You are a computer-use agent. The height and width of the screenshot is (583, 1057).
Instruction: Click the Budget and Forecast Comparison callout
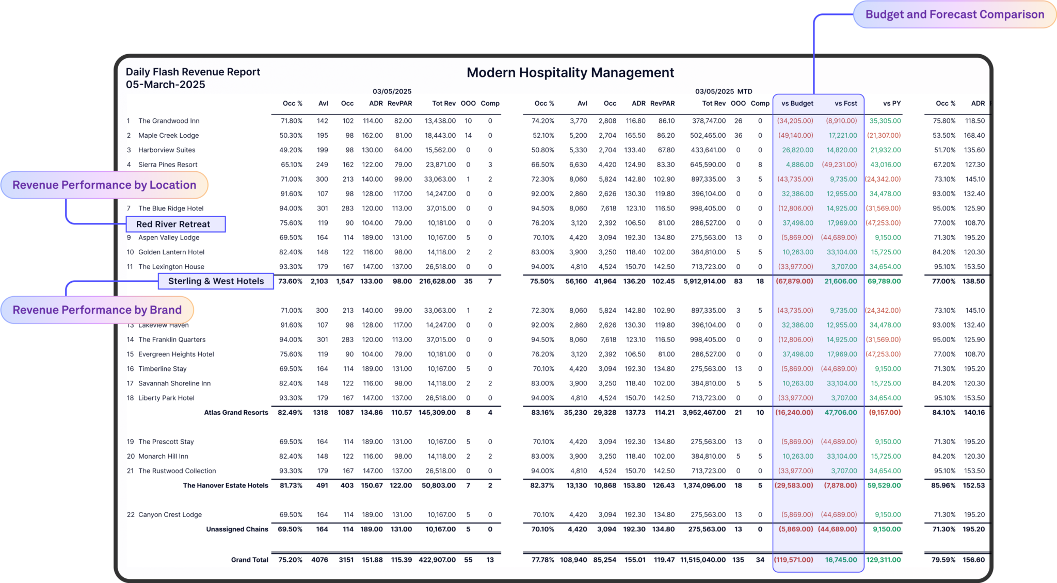pyautogui.click(x=954, y=14)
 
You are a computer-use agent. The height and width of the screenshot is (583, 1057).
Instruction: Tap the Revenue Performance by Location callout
pyautogui.click(x=104, y=185)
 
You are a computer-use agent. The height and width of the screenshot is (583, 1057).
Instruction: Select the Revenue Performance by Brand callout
pyautogui.click(x=97, y=310)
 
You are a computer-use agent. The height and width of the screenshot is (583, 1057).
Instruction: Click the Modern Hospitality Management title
pyautogui.click(x=570, y=73)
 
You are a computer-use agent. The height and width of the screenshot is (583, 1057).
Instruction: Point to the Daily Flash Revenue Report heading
pyautogui.click(x=193, y=72)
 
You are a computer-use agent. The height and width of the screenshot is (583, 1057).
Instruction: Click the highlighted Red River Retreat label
pyautogui.click(x=173, y=224)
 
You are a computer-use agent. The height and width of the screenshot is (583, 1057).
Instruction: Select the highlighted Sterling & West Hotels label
pyautogui.click(x=216, y=281)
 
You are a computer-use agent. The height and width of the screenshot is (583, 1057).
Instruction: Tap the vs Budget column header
pyautogui.click(x=797, y=103)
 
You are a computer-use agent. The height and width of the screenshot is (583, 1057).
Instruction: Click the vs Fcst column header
pyautogui.click(x=845, y=103)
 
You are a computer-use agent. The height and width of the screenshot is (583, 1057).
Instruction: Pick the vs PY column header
pyautogui.click(x=891, y=103)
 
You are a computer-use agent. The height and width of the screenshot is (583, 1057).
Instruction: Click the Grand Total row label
pyautogui.click(x=249, y=560)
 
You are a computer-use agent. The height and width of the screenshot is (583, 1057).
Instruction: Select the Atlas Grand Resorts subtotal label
pyautogui.click(x=236, y=412)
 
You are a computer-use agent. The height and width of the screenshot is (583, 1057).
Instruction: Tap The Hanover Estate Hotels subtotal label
pyautogui.click(x=226, y=485)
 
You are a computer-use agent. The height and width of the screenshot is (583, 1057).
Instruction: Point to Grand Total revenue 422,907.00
pyautogui.click(x=437, y=560)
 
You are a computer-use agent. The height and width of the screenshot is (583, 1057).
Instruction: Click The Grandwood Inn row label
pyautogui.click(x=169, y=121)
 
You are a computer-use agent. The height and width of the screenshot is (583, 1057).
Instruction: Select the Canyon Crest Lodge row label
pyautogui.click(x=170, y=514)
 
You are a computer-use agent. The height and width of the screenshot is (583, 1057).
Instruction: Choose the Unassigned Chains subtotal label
pyautogui.click(x=237, y=529)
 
